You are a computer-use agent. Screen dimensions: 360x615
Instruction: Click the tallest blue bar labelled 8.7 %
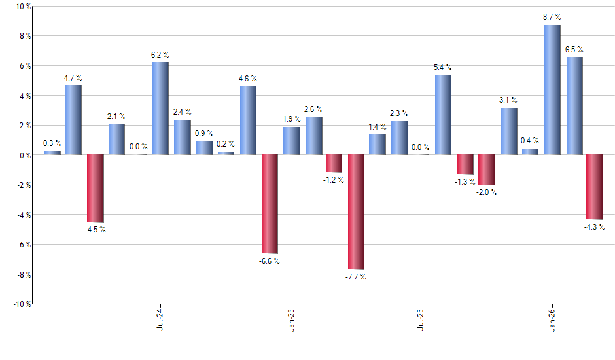pyautogui.click(x=552, y=90)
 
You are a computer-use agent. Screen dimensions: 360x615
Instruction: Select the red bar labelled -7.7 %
pyautogui.click(x=356, y=212)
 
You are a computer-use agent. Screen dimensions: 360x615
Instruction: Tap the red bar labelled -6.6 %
pyautogui.click(x=269, y=204)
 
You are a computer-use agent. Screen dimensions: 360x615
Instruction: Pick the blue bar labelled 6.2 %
pyautogui.click(x=160, y=109)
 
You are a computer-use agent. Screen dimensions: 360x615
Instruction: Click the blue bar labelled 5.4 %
pyautogui.click(x=443, y=115)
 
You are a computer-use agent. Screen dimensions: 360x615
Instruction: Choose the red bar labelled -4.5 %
pyautogui.click(x=96, y=189)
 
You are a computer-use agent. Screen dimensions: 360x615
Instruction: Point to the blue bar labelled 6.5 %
pyautogui.click(x=574, y=106)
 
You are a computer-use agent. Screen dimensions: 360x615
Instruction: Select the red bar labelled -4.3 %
pyautogui.click(x=595, y=187)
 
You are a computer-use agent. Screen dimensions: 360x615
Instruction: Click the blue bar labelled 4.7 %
pyautogui.click(x=73, y=120)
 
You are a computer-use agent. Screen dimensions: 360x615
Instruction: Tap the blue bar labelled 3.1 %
pyautogui.click(x=508, y=132)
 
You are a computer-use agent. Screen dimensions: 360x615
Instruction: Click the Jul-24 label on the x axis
pyautogui.click(x=160, y=319)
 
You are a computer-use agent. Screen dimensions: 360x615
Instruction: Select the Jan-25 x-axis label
pyautogui.click(x=290, y=319)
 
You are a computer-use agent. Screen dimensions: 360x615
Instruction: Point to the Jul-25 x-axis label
pyautogui.click(x=421, y=319)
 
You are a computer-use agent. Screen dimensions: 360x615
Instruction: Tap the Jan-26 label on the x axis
pyautogui.click(x=552, y=319)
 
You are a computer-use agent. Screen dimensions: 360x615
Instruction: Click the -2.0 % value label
pyautogui.click(x=487, y=192)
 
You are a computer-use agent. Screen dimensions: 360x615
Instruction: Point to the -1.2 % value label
pyautogui.click(x=334, y=180)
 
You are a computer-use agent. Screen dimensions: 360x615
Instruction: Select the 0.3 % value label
pyautogui.click(x=52, y=143)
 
